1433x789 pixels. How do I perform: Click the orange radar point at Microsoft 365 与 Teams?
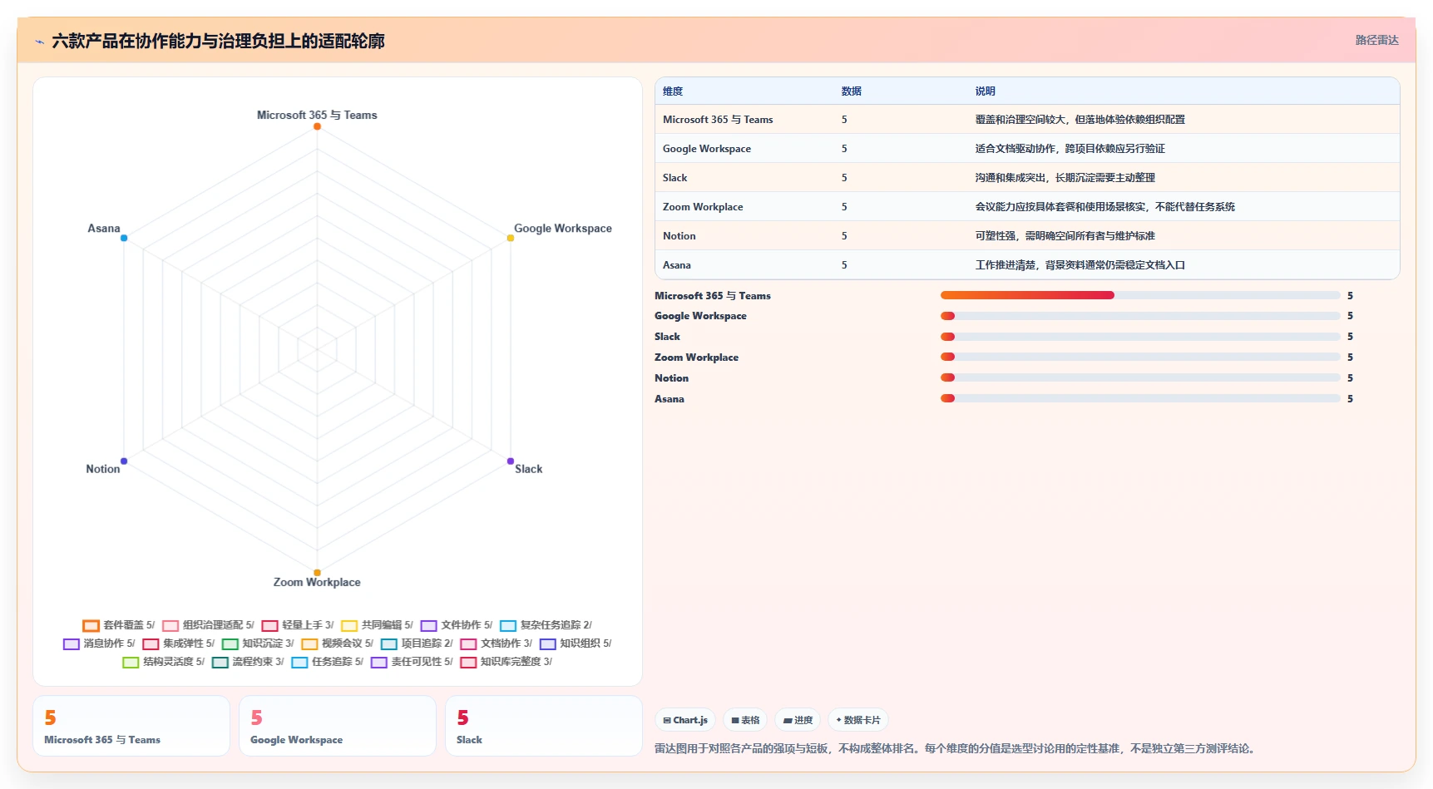tap(317, 126)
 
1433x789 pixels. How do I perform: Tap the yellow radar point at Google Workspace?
tap(511, 238)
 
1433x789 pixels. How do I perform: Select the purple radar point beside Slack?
tap(511, 461)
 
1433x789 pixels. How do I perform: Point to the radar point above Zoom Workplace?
tap(317, 573)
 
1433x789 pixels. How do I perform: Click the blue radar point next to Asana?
tap(124, 238)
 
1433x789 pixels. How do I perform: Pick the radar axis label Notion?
tap(103, 469)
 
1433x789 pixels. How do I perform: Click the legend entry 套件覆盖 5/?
tap(119, 625)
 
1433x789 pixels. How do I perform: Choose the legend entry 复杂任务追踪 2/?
tap(546, 625)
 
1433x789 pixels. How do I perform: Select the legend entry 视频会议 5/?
tap(337, 644)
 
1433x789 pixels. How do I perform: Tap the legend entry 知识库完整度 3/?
tap(506, 662)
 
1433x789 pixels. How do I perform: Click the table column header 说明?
tap(986, 91)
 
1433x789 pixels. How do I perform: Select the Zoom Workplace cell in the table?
tap(703, 207)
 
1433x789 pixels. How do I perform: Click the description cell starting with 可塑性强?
tap(1065, 236)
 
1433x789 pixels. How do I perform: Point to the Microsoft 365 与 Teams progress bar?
tap(1140, 295)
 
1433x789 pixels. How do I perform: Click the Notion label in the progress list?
tap(671, 378)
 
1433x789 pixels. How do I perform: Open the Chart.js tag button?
tap(685, 720)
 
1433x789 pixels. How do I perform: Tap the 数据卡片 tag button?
tap(858, 720)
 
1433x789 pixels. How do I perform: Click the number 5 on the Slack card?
tap(463, 717)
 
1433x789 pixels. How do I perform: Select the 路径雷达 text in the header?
tap(1377, 40)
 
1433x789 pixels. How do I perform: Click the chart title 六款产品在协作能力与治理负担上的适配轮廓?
tap(218, 41)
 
